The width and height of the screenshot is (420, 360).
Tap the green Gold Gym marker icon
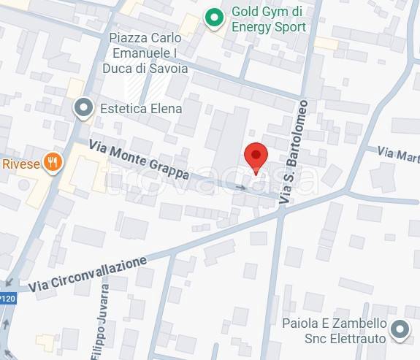click(213, 19)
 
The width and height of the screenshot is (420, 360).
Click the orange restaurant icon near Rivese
click(51, 162)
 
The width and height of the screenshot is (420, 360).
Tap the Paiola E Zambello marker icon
click(400, 330)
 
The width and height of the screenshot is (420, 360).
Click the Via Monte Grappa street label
click(139, 161)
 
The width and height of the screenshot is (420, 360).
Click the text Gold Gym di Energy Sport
click(268, 20)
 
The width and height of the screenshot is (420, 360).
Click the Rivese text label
click(20, 162)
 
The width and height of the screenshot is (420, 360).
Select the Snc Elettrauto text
click(343, 338)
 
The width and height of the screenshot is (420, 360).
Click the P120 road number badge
click(7, 298)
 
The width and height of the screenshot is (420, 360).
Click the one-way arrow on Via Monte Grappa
click(241, 188)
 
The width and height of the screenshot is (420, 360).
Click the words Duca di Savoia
click(150, 68)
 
